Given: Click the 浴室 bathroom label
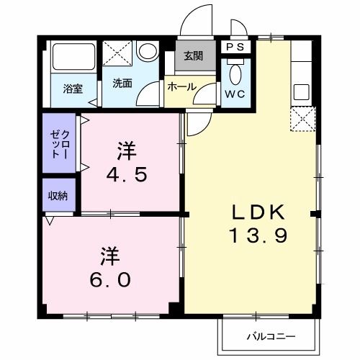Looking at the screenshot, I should (73, 89).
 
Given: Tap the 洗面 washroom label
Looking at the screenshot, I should (122, 83).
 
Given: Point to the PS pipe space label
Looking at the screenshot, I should (235, 47).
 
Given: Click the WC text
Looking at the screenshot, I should (236, 93).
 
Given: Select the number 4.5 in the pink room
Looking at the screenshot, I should (127, 175).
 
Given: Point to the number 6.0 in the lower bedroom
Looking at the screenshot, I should (110, 279).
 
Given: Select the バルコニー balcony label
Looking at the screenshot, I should (268, 336).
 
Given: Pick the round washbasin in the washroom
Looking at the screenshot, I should (147, 51).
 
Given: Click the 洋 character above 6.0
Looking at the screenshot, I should (109, 256).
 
